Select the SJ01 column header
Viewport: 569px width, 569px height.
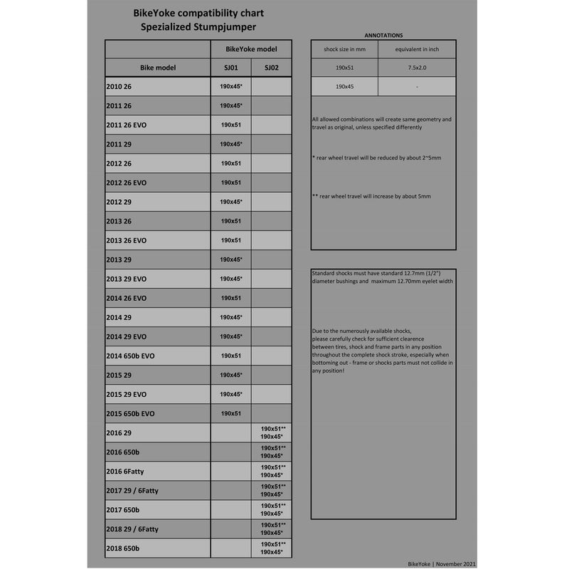(231, 68)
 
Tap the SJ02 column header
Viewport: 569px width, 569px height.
(272, 68)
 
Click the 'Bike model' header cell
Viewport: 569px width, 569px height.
(158, 68)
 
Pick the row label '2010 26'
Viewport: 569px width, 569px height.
(119, 87)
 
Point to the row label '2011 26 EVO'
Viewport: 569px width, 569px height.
(126, 125)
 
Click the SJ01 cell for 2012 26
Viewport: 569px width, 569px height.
(231, 164)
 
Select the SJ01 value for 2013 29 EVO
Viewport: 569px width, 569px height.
(231, 279)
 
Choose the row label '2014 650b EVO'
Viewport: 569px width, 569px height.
(130, 356)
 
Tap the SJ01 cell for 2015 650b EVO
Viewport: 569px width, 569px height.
(231, 413)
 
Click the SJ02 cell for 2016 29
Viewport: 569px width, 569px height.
(272, 432)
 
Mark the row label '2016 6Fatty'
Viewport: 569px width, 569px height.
(125, 471)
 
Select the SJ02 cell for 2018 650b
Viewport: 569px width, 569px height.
(272, 548)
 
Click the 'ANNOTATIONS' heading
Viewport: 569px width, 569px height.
(383, 34)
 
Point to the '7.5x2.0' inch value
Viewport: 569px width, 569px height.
(417, 68)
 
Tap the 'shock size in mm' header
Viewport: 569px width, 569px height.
(344, 48)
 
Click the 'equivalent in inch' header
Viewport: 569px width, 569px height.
(417, 48)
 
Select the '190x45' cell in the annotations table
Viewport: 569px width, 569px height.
(344, 87)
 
